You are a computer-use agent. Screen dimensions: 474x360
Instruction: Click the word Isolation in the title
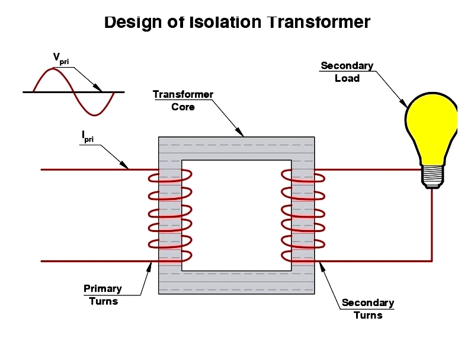pos(225,22)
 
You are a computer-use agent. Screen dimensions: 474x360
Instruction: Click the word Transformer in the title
pos(319,22)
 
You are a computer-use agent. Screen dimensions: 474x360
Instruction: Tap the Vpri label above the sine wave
pos(61,59)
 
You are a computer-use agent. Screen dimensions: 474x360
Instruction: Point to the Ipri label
pos(88,137)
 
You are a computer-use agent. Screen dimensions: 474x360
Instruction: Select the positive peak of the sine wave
pos(53,69)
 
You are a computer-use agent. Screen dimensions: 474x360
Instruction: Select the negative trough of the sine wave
pos(95,114)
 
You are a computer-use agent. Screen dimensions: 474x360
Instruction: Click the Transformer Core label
pos(183,101)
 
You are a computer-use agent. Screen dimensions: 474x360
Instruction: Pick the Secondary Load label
pos(347,72)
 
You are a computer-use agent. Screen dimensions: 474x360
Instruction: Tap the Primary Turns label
pos(103,295)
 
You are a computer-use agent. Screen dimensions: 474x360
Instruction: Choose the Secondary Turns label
pos(368,309)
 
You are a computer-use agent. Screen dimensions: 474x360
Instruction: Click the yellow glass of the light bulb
pos(431,127)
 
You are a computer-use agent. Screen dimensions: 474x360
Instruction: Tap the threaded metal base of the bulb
pos(433,177)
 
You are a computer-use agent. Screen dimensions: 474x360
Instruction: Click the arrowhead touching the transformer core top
pos(240,132)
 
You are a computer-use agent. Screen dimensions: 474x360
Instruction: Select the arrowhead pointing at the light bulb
pos(403,103)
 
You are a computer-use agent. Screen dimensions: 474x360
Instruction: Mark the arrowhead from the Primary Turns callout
pos(149,267)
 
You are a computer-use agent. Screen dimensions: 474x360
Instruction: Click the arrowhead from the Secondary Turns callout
pos(322,267)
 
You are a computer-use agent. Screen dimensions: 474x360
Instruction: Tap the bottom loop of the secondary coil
pos(303,256)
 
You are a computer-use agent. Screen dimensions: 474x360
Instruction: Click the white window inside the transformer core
pos(236,215)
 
